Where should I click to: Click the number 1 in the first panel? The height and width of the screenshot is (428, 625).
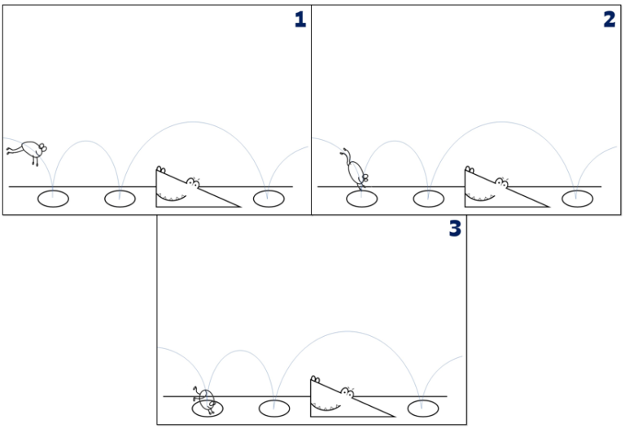point(300,20)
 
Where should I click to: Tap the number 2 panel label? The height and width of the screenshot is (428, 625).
point(610,20)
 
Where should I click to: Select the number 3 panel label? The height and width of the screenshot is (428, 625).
point(455,229)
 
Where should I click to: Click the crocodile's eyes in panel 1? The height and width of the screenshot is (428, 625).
point(193,181)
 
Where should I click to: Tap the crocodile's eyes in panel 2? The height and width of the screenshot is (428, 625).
point(502,181)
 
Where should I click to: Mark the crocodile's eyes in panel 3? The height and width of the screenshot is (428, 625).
point(347,391)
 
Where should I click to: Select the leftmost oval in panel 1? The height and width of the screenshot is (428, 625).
point(54,198)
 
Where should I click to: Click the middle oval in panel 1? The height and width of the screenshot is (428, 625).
point(119,198)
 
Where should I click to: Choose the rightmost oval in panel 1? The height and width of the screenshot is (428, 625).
point(267,198)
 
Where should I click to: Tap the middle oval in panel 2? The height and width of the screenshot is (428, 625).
point(428,198)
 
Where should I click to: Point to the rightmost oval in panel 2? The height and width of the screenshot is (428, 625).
point(576,198)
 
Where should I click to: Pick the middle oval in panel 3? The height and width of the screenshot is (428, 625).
point(273,408)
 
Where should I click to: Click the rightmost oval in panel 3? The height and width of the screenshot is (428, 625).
point(422,408)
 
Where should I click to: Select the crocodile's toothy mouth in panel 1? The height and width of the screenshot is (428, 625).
point(173,194)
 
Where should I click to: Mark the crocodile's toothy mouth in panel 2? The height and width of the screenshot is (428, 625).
point(482,194)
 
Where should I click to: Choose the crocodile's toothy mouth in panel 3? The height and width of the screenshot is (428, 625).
point(327,404)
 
